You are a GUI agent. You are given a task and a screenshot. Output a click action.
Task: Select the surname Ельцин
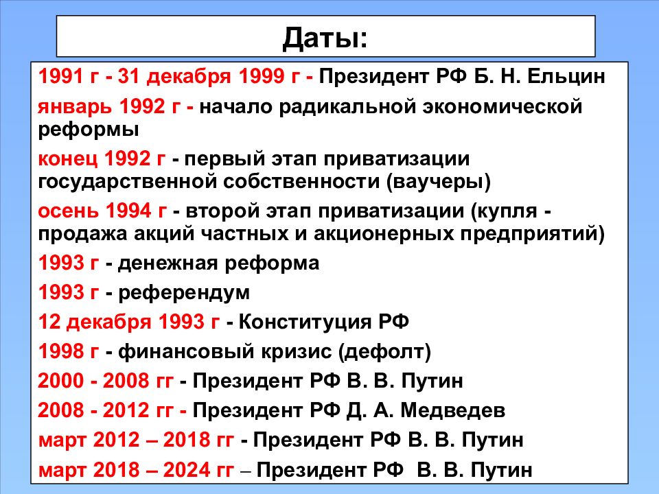point(566,77)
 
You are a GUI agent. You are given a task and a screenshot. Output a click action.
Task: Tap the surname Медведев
point(452,410)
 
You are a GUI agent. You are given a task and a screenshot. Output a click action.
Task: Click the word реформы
point(89,130)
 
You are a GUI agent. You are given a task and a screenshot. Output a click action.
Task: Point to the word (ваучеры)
point(439,182)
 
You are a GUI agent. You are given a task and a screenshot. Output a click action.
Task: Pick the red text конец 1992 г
point(102,158)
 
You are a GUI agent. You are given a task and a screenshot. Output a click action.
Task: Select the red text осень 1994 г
point(102,211)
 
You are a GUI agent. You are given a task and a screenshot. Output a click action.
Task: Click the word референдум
point(184,293)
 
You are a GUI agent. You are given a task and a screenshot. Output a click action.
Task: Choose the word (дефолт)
point(385,351)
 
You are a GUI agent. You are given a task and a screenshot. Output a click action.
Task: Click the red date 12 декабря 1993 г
point(129,322)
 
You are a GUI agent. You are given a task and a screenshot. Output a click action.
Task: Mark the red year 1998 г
point(69,351)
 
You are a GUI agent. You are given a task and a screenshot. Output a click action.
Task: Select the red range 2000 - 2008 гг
point(106,381)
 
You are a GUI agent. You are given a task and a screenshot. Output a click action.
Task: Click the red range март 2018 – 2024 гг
point(136,470)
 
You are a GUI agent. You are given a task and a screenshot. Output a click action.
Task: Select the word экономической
point(502,107)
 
